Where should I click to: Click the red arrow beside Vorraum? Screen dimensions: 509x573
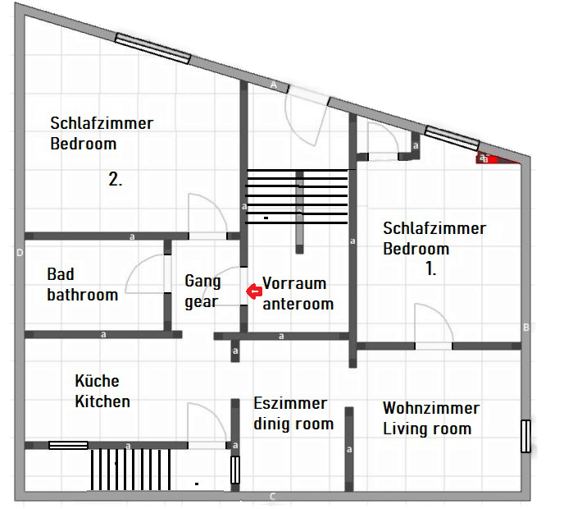253,291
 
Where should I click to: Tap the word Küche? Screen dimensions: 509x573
97,381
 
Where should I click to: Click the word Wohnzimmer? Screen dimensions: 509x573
431,408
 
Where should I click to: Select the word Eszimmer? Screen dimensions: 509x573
290,403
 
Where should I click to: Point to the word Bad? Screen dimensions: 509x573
61,274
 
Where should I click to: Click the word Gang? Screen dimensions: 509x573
202,282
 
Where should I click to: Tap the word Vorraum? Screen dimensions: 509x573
294,283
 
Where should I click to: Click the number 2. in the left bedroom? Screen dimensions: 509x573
116,179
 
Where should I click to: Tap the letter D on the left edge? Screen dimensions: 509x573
20,253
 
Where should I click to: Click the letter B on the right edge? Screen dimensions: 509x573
526,328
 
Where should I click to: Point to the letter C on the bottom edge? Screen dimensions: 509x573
272,496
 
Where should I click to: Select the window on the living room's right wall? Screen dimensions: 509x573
525,436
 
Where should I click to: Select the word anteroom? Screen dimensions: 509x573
298,304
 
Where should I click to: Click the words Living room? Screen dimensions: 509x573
427,429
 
